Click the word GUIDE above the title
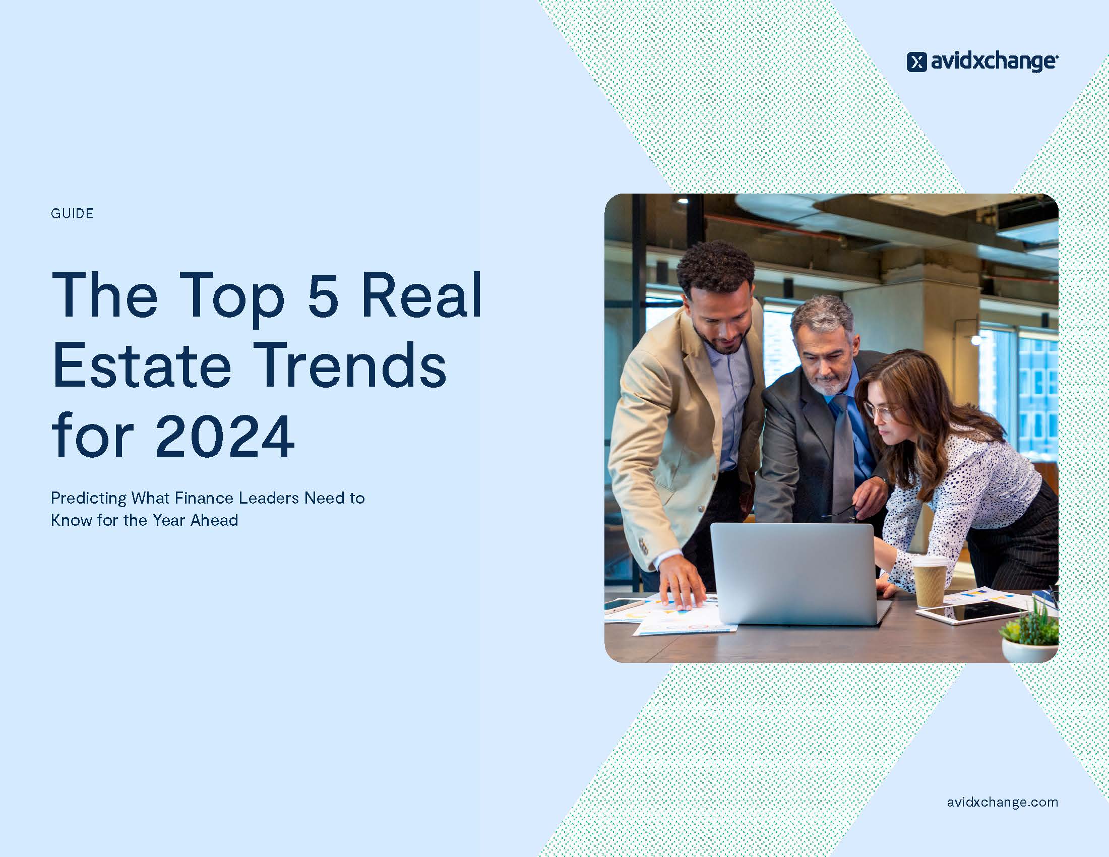point(72,213)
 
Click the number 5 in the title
point(323,295)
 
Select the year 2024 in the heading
point(224,436)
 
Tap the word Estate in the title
point(142,365)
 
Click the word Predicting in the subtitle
point(88,499)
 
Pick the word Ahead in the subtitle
point(214,520)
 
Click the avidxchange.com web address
point(1002,802)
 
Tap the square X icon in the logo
point(916,62)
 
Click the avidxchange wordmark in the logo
point(994,62)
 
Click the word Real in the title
point(421,295)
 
